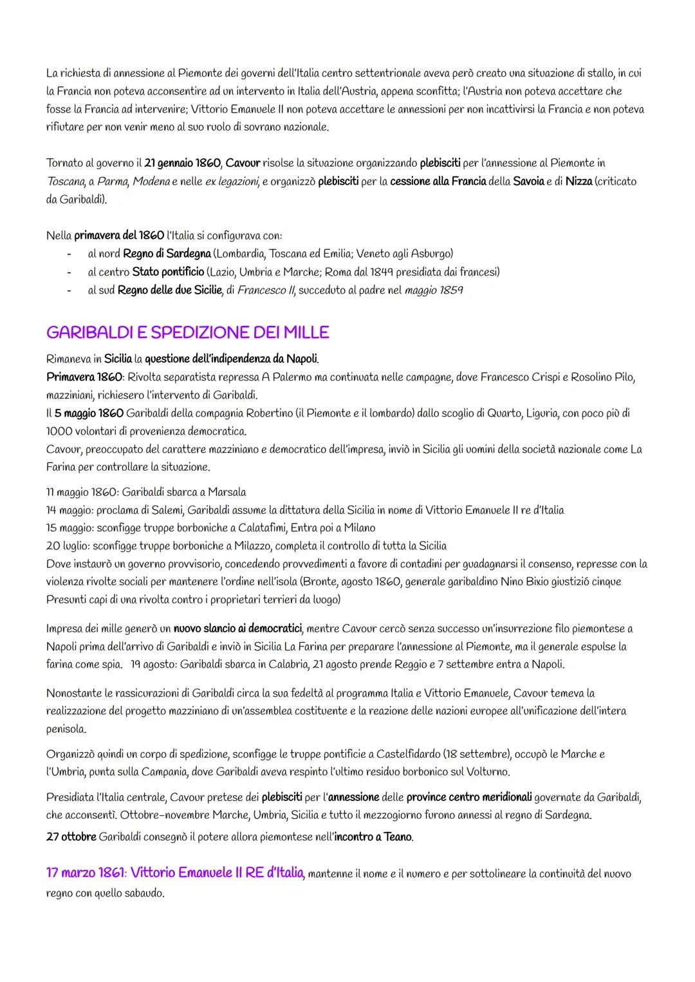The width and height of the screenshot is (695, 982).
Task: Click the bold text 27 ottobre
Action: tap(71, 837)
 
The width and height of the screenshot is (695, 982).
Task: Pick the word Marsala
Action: tap(224, 492)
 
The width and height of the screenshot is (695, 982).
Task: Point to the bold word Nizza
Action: tap(579, 181)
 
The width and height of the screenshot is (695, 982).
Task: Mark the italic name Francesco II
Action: tap(265, 290)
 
